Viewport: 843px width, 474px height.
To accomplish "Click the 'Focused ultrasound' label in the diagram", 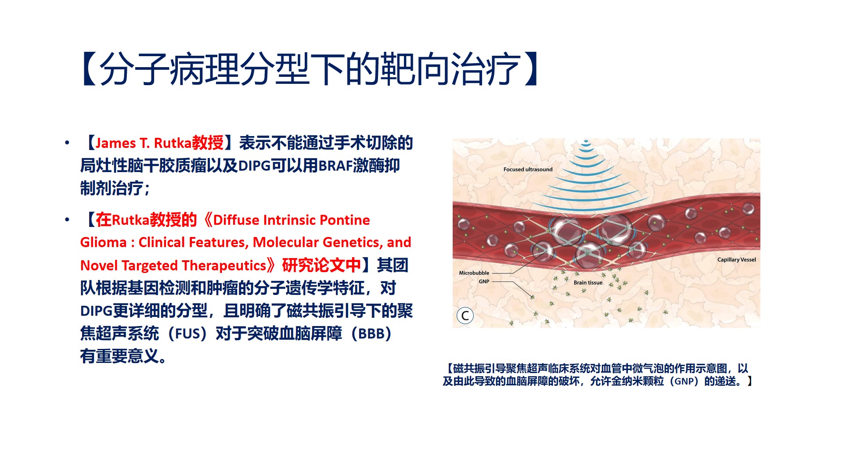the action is click(528, 169).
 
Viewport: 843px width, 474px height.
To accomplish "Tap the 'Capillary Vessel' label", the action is click(736, 260).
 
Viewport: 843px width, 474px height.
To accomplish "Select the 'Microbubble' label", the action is click(474, 273).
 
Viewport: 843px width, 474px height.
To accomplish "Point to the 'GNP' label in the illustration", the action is click(484, 282).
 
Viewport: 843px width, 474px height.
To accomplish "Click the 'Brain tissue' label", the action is click(588, 283).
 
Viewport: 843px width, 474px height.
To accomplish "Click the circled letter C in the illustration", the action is click(465, 316).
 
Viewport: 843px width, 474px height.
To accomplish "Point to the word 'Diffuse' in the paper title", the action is click(236, 220).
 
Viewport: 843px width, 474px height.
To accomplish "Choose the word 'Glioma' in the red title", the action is click(103, 243).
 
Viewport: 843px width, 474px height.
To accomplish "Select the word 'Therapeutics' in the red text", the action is click(224, 266).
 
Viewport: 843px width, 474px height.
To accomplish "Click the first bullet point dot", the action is click(67, 143).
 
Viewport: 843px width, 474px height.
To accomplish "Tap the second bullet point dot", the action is click(67, 219).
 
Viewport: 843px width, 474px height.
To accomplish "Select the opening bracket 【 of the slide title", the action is click(89, 69).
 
